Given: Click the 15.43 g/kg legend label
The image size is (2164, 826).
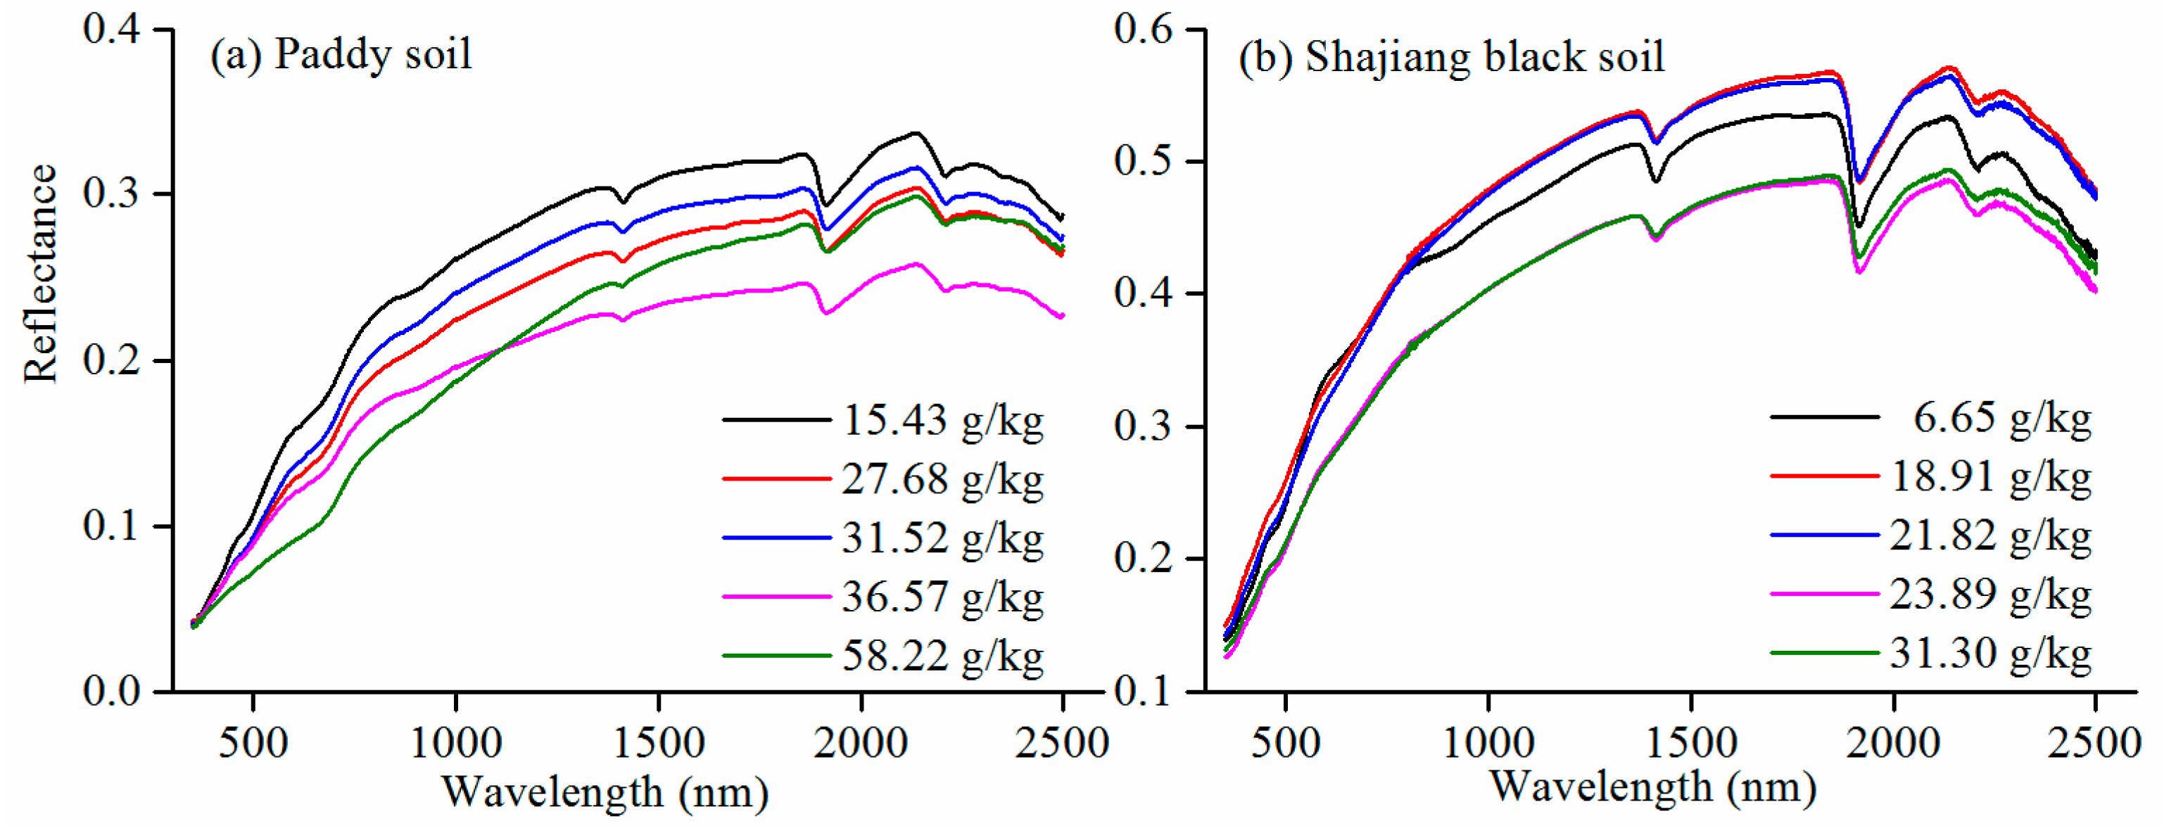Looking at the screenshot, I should (942, 420).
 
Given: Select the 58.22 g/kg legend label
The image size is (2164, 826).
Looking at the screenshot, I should (942, 656).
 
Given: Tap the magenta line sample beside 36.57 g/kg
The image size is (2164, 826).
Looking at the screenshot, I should (776, 597).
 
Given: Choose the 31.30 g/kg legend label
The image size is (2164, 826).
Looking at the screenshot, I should (1990, 653).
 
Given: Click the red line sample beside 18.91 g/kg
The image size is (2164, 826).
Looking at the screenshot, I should (1824, 476).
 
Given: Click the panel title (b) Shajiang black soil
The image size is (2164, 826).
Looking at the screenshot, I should (1451, 58).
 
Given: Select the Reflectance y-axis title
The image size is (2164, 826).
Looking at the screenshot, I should (39, 274).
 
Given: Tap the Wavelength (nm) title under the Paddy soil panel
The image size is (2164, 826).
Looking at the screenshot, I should (605, 792).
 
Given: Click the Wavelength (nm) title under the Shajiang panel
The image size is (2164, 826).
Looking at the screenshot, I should (1652, 787).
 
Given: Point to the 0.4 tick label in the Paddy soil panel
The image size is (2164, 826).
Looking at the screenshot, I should (111, 29).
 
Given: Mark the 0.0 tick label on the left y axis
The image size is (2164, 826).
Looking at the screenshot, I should (111, 691).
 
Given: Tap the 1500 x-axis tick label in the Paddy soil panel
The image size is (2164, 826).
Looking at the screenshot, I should (659, 743).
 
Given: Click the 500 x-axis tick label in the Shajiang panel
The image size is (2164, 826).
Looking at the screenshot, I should (1285, 743).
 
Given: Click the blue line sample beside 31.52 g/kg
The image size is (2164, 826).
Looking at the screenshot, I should (776, 538).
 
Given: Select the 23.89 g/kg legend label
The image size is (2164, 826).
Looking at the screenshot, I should (1990, 594).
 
